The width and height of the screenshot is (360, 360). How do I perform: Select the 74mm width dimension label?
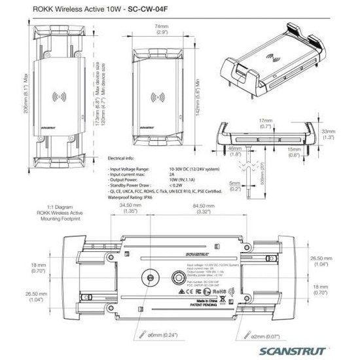162,28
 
